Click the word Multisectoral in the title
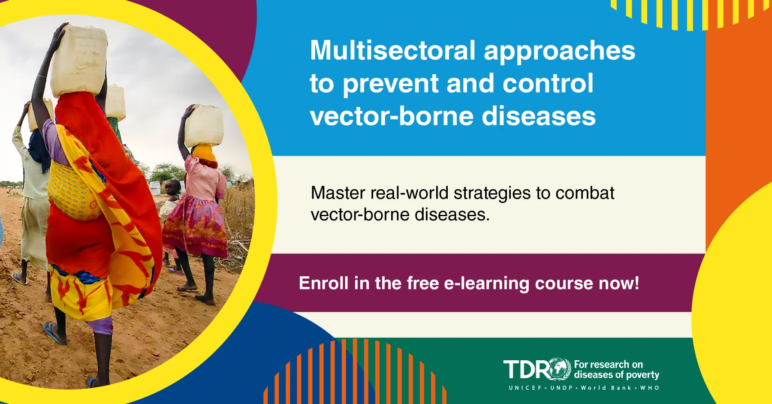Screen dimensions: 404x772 392,51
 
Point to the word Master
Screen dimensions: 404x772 338,193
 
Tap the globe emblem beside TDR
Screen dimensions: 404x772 559,369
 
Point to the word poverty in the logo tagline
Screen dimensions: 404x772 642,375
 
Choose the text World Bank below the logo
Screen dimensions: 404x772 606,388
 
